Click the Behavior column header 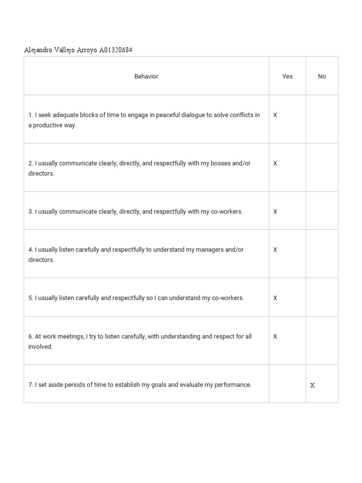146,76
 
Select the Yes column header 288,76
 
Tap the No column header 322,76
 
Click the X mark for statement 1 275,115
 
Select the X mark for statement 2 275,163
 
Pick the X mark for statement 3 275,212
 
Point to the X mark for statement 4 275,250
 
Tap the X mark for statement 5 275,298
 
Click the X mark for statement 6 275,337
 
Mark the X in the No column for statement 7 312,385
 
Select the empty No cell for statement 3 322,211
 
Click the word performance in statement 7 233,385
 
